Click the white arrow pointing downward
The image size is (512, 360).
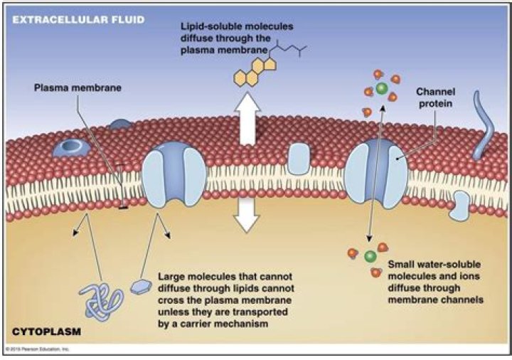(247, 214)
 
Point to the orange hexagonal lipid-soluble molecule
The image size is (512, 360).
(250, 74)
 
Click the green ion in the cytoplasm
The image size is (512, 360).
(370, 256)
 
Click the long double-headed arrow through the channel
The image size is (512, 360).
(375, 171)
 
